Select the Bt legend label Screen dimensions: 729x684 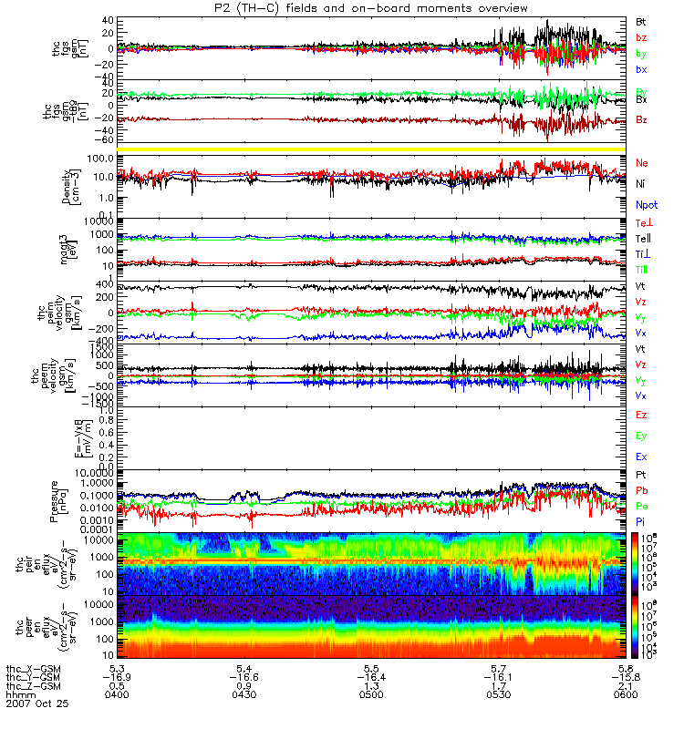[x=642, y=21]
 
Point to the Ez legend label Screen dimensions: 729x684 [x=642, y=415]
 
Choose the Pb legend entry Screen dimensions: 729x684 [x=642, y=490]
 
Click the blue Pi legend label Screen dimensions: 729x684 [x=641, y=520]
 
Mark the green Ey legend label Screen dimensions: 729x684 [x=642, y=436]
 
